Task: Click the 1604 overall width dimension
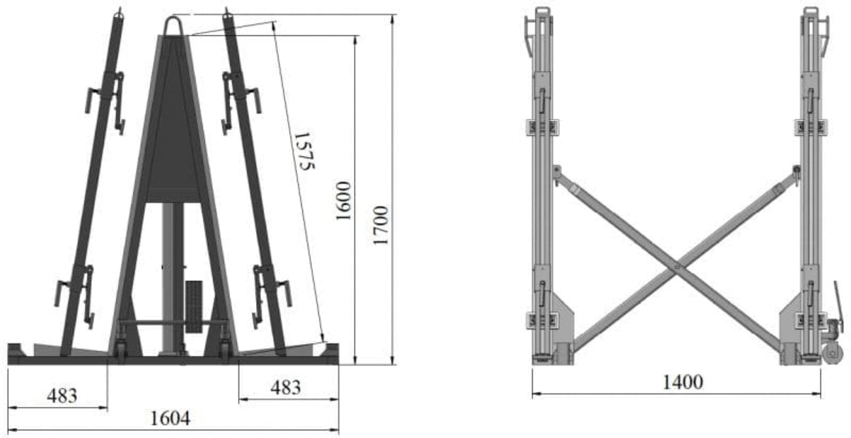(x=170, y=419)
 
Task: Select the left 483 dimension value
(x=62, y=395)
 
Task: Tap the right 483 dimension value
(x=286, y=387)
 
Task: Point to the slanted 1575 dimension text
(x=304, y=151)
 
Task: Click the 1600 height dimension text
(x=343, y=200)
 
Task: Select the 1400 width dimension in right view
(x=683, y=382)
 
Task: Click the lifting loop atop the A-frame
(x=173, y=25)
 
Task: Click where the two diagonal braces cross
(x=677, y=266)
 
